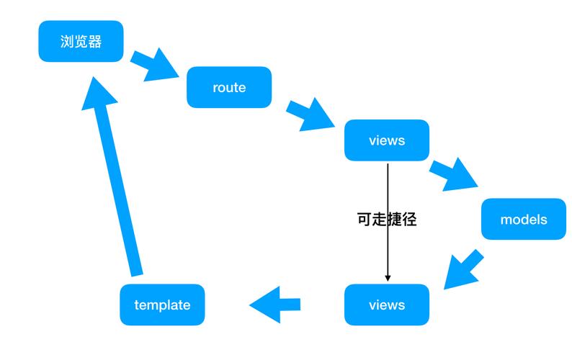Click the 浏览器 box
(81, 42)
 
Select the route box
(229, 88)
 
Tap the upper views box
(387, 140)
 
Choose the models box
(524, 219)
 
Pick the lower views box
(387, 305)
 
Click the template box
(162, 305)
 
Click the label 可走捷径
(387, 219)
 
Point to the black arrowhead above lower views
(388, 278)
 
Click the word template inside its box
(162, 305)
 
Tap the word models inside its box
(524, 219)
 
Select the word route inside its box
(229, 88)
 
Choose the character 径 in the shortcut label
(409, 219)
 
